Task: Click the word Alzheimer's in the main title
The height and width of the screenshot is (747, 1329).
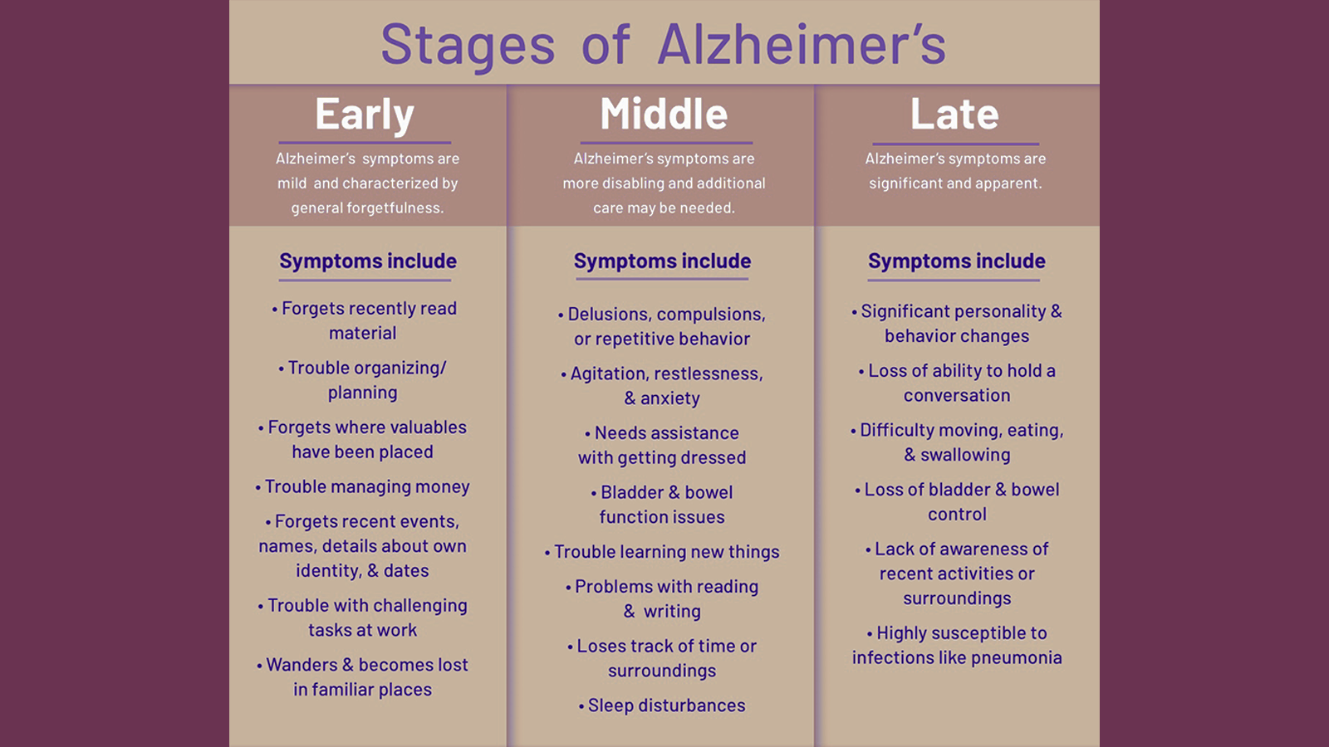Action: tap(802, 44)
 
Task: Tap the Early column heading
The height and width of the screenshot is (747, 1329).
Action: tap(365, 115)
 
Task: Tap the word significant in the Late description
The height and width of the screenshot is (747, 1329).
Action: tap(905, 183)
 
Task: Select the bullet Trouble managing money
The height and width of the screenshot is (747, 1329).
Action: tap(362, 486)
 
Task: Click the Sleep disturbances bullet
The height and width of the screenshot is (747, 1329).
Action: tap(662, 705)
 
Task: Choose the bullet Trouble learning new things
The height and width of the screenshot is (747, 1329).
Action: tap(662, 552)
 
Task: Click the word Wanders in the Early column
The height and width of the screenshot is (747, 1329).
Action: tap(302, 665)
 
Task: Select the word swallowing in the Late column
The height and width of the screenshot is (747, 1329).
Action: tap(965, 456)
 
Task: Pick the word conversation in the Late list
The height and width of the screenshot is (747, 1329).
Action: tap(957, 395)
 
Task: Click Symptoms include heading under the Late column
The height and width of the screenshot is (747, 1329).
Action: tap(956, 261)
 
